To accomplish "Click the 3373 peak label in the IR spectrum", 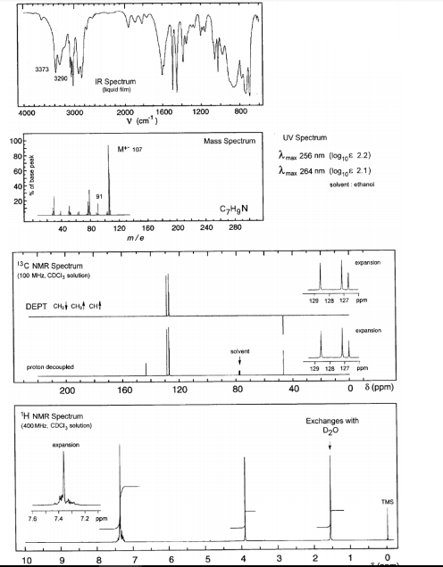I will tap(43, 69).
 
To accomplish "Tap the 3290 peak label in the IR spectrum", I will tap(61, 78).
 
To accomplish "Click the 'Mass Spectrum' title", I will tap(229, 142).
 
